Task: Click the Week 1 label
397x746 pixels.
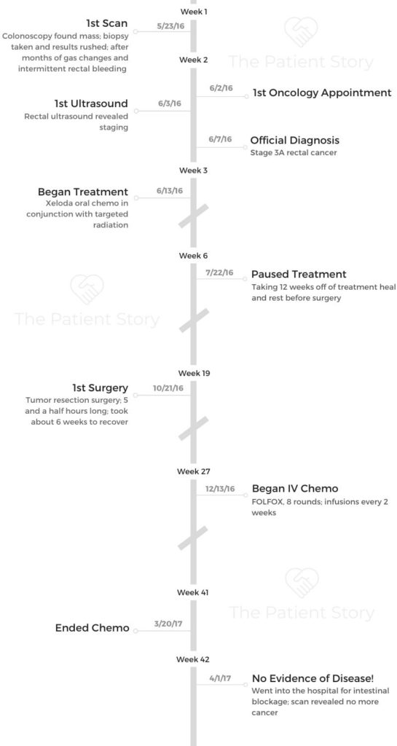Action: pos(194,11)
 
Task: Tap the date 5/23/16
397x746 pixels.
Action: pos(170,27)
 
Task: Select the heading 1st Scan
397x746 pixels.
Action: pos(107,23)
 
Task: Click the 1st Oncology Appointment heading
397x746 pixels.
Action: pos(322,93)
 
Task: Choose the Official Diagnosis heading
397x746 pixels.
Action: pos(295,141)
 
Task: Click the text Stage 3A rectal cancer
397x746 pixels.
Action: pos(286,153)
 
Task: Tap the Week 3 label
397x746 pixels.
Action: pos(194,170)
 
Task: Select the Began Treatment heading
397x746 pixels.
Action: pos(83,192)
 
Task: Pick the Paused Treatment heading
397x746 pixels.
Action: pos(299,275)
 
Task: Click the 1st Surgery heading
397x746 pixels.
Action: pos(100,388)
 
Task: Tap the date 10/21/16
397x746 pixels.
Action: pos(168,388)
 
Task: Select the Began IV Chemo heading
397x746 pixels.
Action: pos(295,489)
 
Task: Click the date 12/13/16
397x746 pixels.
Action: pos(220,489)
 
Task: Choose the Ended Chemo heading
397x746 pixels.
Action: pos(93,628)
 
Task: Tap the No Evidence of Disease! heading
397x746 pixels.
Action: pos(313,678)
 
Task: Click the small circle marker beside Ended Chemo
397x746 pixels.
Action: pos(135,631)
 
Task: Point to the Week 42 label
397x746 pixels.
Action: pos(193,659)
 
